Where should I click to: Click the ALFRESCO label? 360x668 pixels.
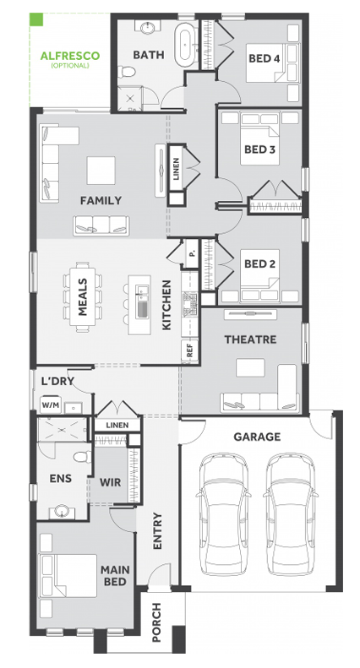point(70,56)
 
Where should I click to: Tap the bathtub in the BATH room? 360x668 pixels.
point(186,43)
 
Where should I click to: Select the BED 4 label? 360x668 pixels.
point(264,58)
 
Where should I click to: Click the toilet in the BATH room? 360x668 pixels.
point(127,72)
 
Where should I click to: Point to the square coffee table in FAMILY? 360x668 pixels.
point(101,171)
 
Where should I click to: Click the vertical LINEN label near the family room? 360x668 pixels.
point(177,168)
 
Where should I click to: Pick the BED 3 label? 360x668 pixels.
point(259,149)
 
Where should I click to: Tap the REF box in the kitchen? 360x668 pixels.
point(190,351)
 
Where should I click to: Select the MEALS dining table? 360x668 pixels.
point(83,297)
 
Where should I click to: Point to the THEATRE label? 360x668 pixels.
point(250,339)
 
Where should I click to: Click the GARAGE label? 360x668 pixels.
point(257,437)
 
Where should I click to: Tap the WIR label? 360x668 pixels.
point(111,483)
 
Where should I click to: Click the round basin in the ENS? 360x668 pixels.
point(63,511)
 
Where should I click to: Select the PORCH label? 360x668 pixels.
point(156,622)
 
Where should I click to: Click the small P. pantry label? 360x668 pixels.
point(192,253)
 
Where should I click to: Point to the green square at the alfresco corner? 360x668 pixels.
point(36,19)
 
